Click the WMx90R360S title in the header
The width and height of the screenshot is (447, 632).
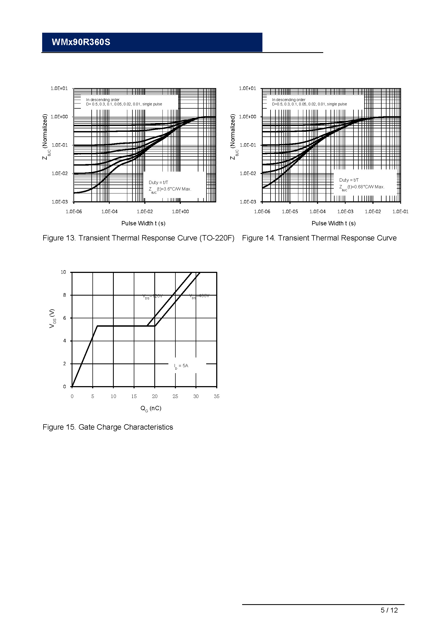(x=81, y=42)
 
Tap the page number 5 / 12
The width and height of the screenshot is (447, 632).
(x=389, y=610)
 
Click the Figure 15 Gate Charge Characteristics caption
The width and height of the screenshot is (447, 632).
(x=108, y=427)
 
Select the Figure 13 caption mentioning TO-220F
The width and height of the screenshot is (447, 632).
(x=138, y=238)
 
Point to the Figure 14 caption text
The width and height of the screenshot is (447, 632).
(x=319, y=238)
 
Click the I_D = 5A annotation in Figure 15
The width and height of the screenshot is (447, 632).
(x=181, y=366)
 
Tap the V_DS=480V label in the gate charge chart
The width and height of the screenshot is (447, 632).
(x=199, y=296)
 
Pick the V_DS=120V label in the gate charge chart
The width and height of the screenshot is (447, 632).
(x=152, y=296)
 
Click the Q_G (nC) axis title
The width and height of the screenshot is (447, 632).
(x=151, y=409)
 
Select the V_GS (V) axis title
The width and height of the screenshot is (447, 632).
(x=52, y=318)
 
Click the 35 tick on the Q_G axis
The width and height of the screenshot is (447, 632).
(x=217, y=396)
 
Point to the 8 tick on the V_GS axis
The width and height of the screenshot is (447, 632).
(x=65, y=295)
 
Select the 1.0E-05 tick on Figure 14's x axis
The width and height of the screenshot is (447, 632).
(x=290, y=212)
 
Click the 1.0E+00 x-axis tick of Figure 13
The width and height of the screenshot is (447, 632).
(x=180, y=212)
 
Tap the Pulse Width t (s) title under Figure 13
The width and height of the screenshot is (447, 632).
(x=144, y=223)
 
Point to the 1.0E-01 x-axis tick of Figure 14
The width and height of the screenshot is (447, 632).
(x=400, y=212)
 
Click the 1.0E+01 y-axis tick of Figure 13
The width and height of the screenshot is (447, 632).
(x=59, y=88)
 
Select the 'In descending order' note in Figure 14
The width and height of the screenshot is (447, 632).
(x=289, y=100)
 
